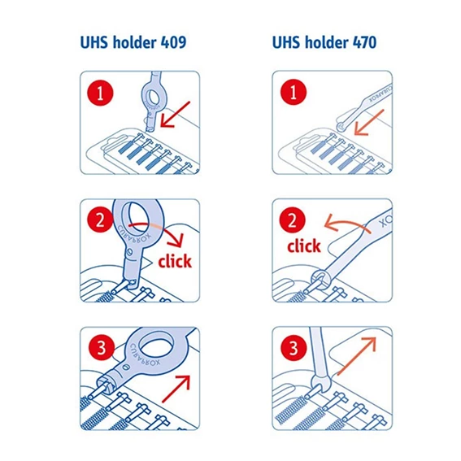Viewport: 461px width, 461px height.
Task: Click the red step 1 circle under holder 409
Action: [100, 92]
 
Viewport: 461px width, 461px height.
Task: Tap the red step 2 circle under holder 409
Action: [100, 219]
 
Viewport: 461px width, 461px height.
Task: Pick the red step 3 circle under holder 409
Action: [100, 349]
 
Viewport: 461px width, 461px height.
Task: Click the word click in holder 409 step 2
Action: [175, 261]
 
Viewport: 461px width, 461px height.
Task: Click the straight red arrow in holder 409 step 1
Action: [174, 113]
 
